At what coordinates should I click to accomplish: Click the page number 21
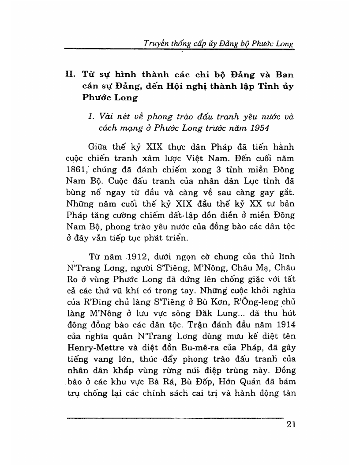coord(290,425)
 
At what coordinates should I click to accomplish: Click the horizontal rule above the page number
coord(174,418)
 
